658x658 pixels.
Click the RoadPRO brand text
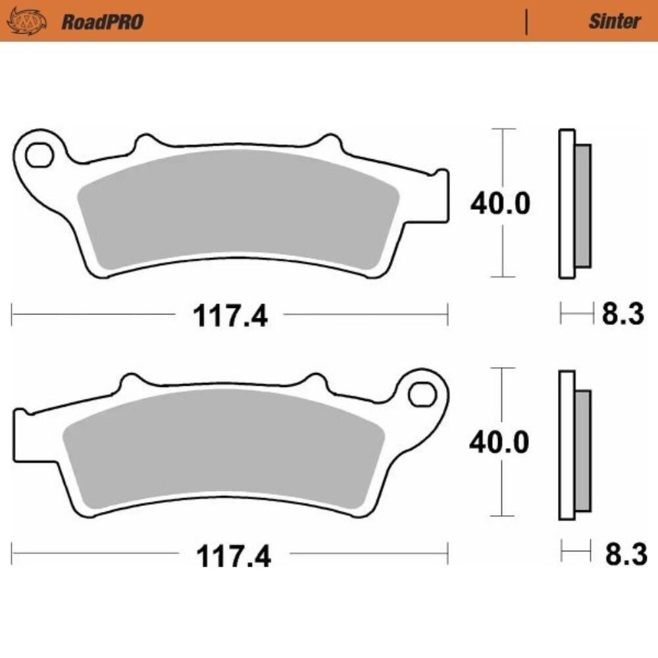click(x=102, y=22)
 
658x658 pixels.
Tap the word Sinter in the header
click(x=613, y=21)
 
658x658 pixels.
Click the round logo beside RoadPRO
click(x=26, y=22)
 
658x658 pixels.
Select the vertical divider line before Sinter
click(x=526, y=22)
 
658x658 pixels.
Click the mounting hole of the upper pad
click(x=39, y=155)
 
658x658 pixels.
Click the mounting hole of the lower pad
click(x=422, y=394)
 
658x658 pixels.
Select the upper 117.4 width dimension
click(x=230, y=316)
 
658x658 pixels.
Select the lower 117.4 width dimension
click(x=233, y=557)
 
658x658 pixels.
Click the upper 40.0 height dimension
click(x=499, y=204)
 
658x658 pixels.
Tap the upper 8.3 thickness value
click(x=622, y=315)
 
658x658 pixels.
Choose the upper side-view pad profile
click(x=574, y=204)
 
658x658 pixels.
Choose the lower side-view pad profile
click(x=574, y=445)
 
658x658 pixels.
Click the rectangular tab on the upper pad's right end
click(x=441, y=195)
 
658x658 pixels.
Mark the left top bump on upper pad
click(x=146, y=143)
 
